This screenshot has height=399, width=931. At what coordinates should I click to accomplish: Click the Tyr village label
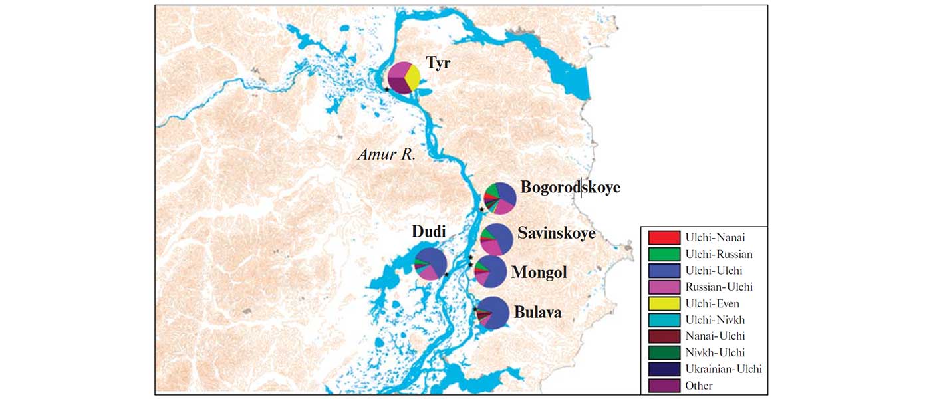coord(438,65)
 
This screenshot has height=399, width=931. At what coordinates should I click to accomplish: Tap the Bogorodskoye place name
coord(570,188)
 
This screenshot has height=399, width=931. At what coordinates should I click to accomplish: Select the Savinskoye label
coord(556,234)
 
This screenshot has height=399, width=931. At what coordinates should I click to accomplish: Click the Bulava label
coord(537,313)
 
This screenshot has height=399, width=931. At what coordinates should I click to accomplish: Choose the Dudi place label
coord(428,232)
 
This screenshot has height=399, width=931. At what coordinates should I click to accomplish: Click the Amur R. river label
coord(386,155)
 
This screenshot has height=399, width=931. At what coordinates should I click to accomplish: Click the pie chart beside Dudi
coord(430,263)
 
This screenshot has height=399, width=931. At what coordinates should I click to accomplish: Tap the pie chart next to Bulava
coord(493,312)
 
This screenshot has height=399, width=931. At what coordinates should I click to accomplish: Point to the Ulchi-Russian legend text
coord(719,254)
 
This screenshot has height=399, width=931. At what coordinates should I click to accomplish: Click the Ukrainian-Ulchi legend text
coord(724,369)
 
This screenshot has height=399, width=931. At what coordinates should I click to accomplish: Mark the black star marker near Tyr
coord(386,89)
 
